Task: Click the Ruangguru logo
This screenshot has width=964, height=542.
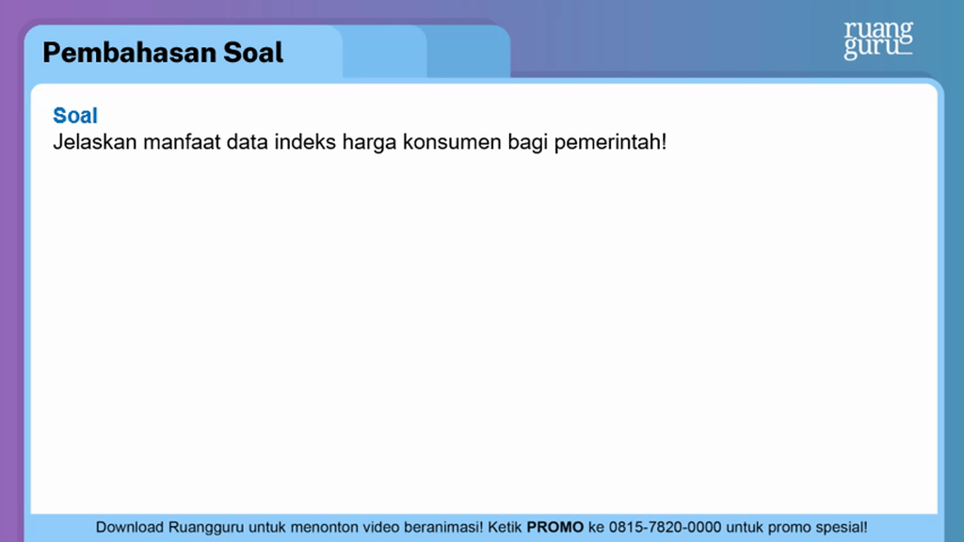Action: (x=877, y=40)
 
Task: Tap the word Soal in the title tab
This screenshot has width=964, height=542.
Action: (x=253, y=53)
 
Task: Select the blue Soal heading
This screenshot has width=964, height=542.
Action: (x=75, y=116)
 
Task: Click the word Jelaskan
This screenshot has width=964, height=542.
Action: (x=90, y=144)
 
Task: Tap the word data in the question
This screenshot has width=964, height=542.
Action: (x=247, y=144)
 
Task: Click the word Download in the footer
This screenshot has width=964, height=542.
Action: (x=130, y=527)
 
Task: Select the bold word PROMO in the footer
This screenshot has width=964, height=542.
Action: (x=554, y=527)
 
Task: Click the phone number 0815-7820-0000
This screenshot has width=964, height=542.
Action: (x=665, y=527)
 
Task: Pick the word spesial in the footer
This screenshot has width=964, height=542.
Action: (x=836, y=527)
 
